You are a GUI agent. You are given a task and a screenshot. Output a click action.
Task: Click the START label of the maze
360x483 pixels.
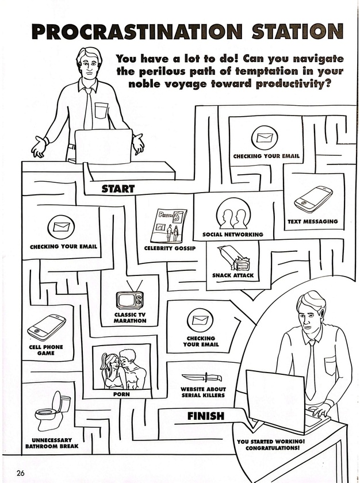[x=118, y=188]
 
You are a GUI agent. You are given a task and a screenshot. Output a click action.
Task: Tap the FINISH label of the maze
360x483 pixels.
[x=205, y=416]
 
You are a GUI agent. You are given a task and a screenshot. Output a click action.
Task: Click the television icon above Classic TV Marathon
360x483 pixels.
[x=129, y=298]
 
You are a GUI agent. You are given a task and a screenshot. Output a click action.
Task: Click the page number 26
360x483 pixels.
[x=21, y=473]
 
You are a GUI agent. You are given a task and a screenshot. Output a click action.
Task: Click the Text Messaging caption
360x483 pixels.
[x=313, y=221]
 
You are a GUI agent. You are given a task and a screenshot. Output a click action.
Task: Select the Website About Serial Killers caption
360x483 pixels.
[x=203, y=393]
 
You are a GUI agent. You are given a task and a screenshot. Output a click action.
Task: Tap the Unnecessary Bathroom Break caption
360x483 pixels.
[x=52, y=443]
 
